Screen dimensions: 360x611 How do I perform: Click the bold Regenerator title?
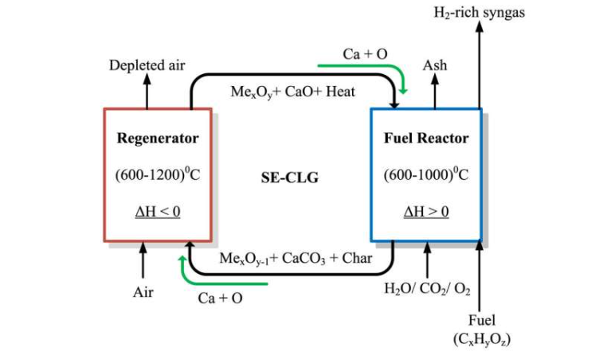158,138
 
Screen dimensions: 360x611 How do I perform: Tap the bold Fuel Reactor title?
426,138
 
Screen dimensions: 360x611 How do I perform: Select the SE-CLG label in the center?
289,178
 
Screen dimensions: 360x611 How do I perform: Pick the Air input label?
143,292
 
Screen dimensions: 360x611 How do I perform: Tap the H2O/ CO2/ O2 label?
427,288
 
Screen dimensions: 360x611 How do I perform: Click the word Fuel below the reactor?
481,320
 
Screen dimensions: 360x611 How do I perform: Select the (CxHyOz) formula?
481,338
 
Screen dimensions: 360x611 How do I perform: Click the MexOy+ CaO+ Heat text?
293,92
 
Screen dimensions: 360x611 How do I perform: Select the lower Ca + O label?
221,298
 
